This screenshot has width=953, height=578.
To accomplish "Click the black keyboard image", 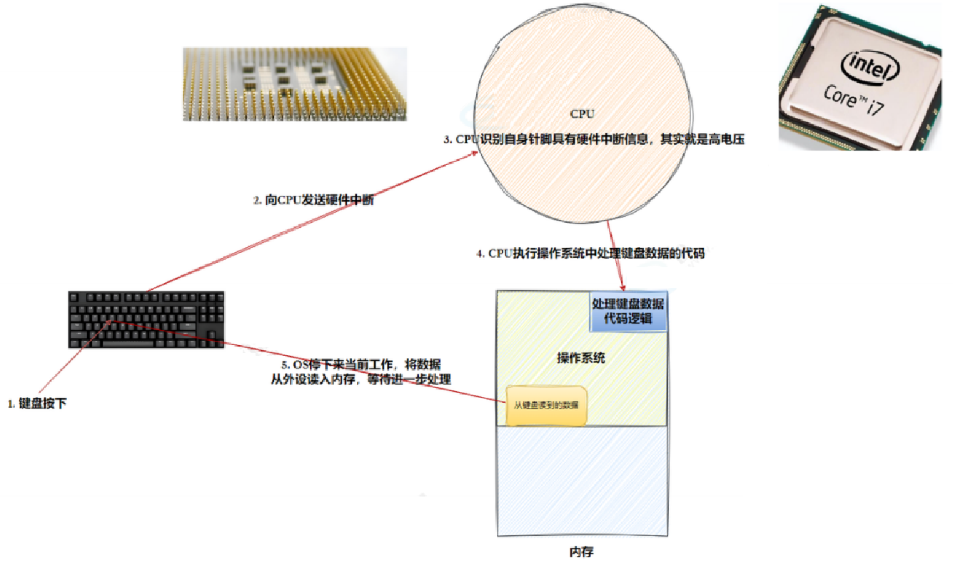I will (x=146, y=319).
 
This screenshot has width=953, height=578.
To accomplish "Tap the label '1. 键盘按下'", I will (x=37, y=404).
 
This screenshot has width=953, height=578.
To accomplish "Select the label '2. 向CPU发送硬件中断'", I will (x=314, y=201).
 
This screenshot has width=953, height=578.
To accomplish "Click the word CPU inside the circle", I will (x=582, y=114).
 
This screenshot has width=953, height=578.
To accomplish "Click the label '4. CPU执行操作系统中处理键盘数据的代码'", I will (x=590, y=253).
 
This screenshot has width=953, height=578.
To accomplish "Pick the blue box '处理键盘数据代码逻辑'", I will (x=628, y=311).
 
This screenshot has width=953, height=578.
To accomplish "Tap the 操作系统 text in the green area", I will (x=581, y=358).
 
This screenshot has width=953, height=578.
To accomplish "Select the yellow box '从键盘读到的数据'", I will (x=546, y=405).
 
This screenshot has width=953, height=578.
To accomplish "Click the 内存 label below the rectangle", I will (x=581, y=552).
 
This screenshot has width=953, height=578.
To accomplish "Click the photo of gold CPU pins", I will (x=294, y=84).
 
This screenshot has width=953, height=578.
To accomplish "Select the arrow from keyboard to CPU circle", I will (x=314, y=222).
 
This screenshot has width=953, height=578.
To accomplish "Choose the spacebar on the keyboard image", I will (x=136, y=343).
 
